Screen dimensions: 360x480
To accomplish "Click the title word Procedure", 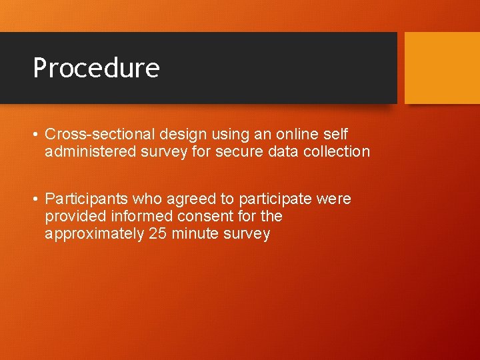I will point(96,68).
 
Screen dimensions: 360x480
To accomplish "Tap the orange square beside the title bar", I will point(442,67).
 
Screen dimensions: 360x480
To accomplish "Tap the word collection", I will point(336,151).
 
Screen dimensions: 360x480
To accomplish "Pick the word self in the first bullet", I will point(335,134).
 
